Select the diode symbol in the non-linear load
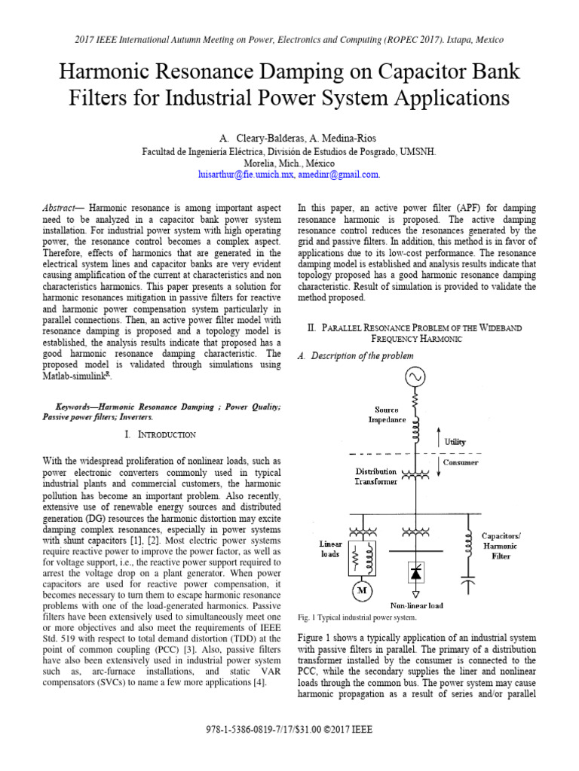tap(414, 574)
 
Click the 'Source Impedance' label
tap(387, 415)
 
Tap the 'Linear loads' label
tap(330, 549)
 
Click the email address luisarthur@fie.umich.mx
tap(244, 174)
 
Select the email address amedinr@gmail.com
tap(338, 174)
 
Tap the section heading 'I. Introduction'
tap(161, 434)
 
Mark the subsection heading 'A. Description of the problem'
tap(357, 355)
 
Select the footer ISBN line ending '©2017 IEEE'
tap(289, 730)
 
